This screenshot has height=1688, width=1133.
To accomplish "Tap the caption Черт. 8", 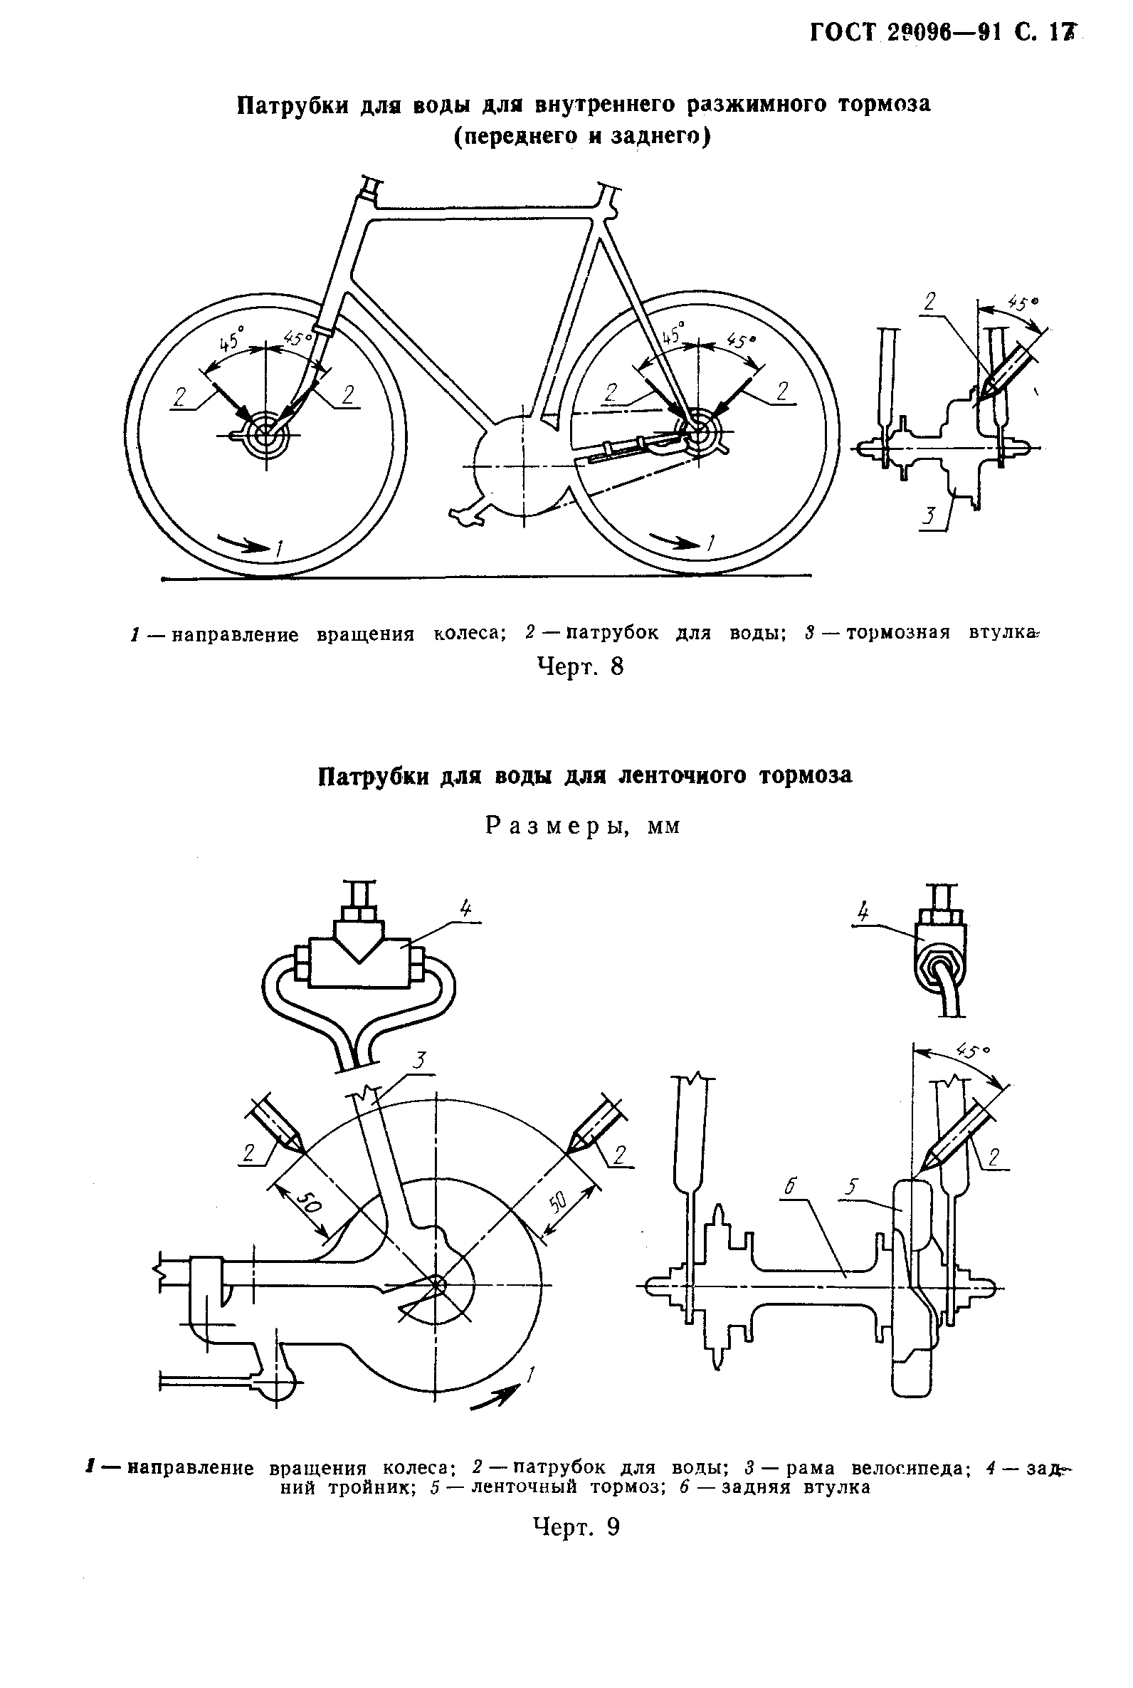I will [x=580, y=666].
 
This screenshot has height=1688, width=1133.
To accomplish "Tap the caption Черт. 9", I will [x=576, y=1526].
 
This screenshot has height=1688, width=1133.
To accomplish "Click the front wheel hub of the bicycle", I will [x=267, y=435].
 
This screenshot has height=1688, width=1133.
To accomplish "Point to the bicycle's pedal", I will [x=463, y=516].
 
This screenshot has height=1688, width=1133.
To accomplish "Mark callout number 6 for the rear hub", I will [x=790, y=1185].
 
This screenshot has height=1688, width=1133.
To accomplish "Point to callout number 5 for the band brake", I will [x=853, y=1186].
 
